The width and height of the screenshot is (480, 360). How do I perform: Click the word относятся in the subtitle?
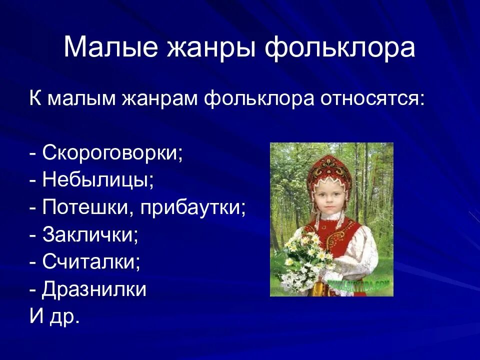(370, 97)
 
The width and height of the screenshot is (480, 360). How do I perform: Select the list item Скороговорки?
(112, 152)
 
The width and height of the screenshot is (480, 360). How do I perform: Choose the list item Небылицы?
(98, 179)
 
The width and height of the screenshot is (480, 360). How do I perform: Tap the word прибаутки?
(193, 207)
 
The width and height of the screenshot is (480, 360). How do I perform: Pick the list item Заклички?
(90, 234)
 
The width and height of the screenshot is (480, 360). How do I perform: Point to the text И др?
(54, 317)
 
